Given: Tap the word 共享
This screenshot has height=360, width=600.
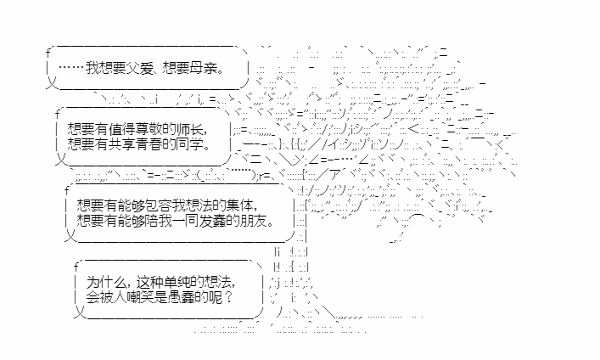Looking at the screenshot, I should pos(116,144).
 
